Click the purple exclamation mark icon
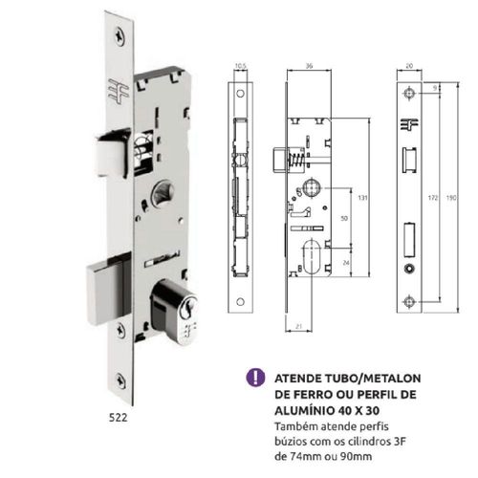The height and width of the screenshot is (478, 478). point(255,378)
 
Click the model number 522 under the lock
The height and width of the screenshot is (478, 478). point(119,418)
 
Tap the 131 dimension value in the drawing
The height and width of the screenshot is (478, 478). point(362,198)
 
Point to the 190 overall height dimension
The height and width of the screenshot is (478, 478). point(451,198)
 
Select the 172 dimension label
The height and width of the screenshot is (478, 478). point(432,198)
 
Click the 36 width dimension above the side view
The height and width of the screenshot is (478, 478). point(309,66)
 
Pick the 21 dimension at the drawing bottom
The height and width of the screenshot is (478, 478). point(298,326)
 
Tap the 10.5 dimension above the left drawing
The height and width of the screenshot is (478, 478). point(240,66)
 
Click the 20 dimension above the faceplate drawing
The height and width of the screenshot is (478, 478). point(409,66)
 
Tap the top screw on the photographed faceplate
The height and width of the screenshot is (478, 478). point(120,38)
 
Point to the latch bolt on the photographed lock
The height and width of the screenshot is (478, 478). point(113,155)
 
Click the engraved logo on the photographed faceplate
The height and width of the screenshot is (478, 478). point(119,92)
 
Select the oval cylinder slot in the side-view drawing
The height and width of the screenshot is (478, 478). point(311,257)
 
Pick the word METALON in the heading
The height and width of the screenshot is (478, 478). point(392,379)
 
